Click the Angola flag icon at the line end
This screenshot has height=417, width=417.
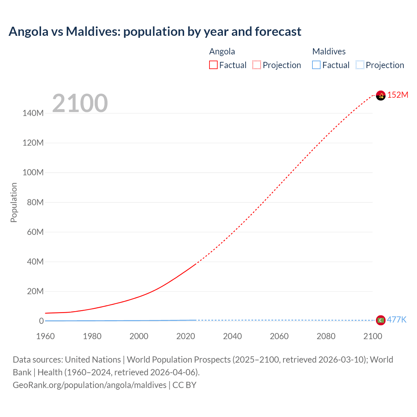(x=381, y=95)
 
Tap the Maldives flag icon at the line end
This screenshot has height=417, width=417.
(x=381, y=320)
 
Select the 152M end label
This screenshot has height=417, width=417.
(x=397, y=95)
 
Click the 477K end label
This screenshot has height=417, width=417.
(x=396, y=320)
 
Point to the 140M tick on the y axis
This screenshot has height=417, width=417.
(x=33, y=113)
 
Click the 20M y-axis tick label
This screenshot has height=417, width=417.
(x=35, y=291)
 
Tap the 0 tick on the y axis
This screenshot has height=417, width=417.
(x=41, y=321)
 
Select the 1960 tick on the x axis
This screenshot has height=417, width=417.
(x=45, y=336)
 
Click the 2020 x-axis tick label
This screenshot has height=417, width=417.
(x=185, y=336)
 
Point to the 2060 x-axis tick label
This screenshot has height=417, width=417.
(x=279, y=336)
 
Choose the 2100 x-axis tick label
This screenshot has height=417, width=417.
(x=372, y=336)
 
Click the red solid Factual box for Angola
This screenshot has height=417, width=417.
(x=213, y=65)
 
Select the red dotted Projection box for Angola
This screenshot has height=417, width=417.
(x=257, y=65)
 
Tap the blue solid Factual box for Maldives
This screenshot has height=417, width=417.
(x=316, y=65)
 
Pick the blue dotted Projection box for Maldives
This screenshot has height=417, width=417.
(x=360, y=65)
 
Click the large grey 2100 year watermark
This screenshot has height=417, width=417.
(x=80, y=103)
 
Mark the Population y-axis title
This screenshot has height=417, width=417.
(x=14, y=202)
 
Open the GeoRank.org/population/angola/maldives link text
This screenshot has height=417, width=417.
(x=90, y=385)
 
